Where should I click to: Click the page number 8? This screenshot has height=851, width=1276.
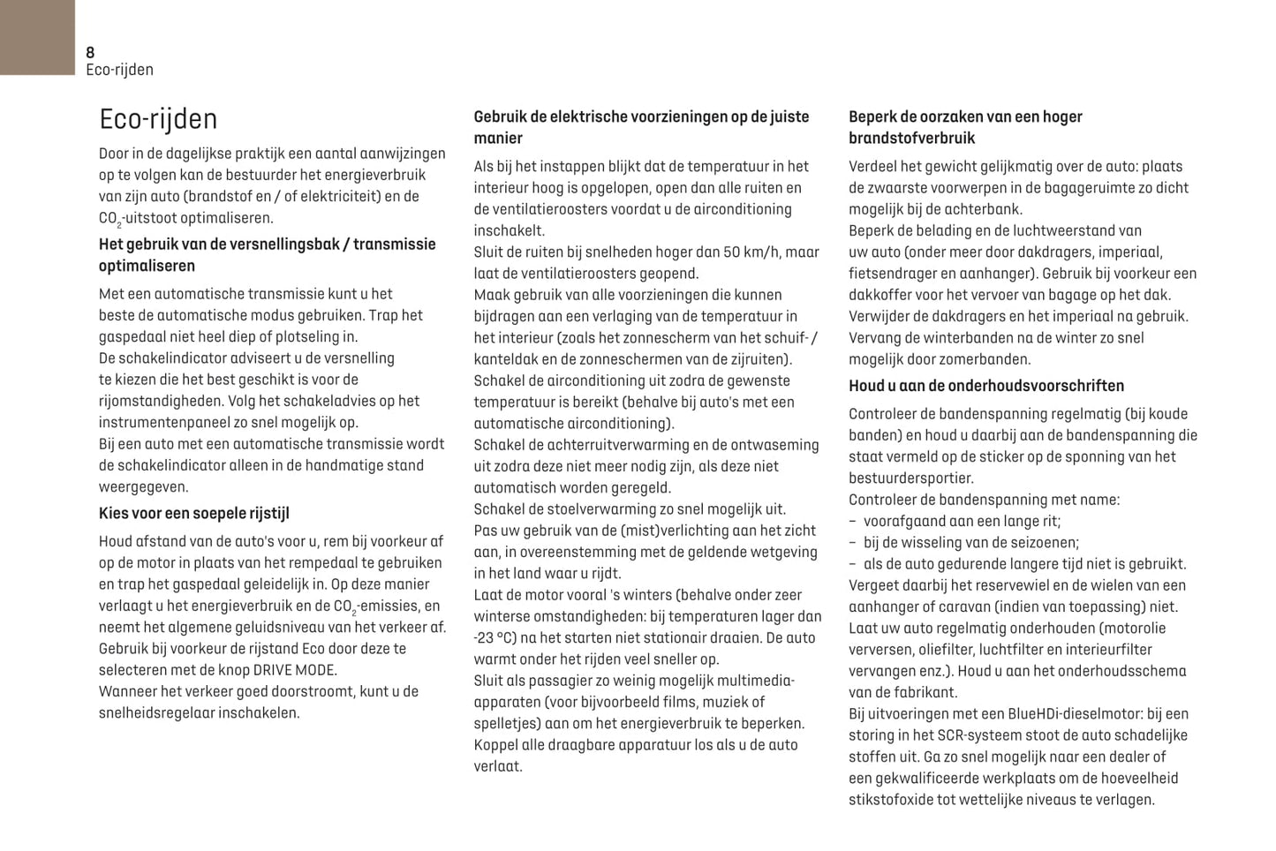tap(90, 52)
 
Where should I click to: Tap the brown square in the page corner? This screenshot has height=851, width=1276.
tap(37, 37)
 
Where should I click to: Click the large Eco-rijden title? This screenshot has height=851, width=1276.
tap(158, 119)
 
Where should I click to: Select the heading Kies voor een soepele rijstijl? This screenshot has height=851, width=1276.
tap(194, 514)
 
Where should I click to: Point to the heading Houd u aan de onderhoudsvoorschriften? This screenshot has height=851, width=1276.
tap(986, 386)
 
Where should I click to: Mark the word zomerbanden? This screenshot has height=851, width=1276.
tap(985, 359)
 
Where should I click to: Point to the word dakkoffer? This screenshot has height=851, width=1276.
tap(880, 295)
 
